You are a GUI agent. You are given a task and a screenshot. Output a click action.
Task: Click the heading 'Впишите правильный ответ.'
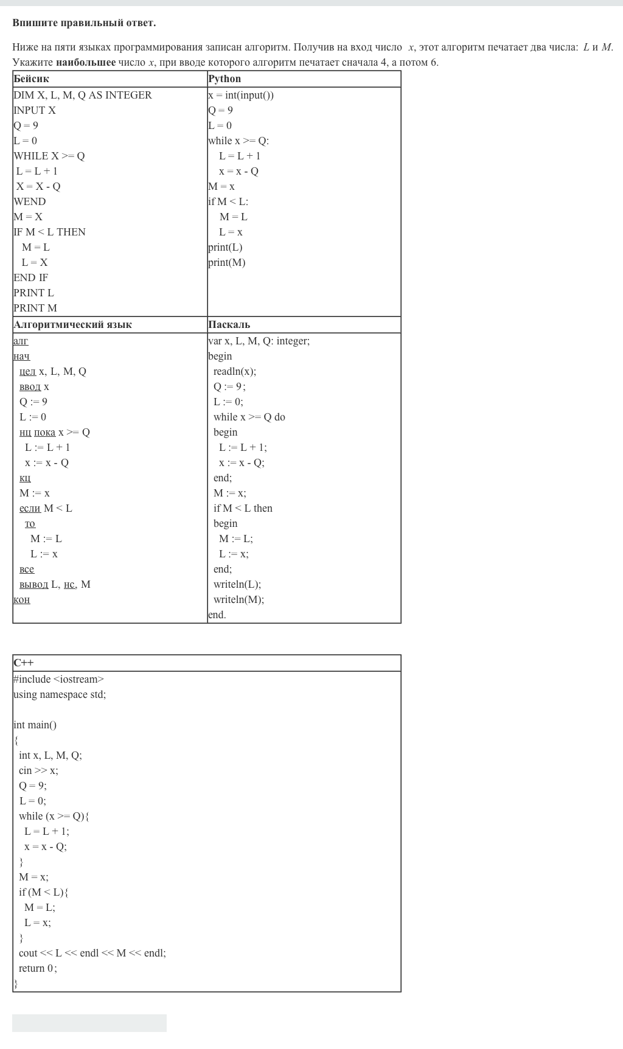click(x=84, y=23)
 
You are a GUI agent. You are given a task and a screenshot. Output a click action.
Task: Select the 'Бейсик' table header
click(x=32, y=79)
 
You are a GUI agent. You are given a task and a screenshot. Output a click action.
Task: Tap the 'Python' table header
click(x=224, y=79)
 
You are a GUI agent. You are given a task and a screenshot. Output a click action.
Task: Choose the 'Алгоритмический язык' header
click(x=72, y=325)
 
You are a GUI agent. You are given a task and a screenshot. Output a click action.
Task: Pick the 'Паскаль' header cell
click(x=229, y=325)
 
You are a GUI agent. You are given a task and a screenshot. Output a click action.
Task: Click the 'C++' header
click(x=24, y=663)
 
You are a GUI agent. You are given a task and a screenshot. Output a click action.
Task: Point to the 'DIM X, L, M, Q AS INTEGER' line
click(x=83, y=95)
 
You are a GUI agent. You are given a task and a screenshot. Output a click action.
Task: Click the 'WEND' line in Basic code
click(x=30, y=201)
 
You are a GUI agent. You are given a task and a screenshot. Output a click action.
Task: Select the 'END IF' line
click(x=31, y=277)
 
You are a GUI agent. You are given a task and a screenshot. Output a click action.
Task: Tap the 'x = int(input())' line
click(x=241, y=95)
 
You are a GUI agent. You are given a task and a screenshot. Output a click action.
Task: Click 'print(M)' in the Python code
click(x=227, y=262)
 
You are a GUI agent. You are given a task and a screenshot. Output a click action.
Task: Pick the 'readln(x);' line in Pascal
click(x=235, y=371)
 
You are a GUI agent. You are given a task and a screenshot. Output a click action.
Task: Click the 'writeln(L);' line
click(x=237, y=584)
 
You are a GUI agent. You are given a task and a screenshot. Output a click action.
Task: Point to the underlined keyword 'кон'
click(x=22, y=600)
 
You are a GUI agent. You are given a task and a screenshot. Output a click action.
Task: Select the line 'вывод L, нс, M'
click(x=55, y=585)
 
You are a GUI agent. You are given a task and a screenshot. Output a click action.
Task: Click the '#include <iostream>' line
click(x=59, y=679)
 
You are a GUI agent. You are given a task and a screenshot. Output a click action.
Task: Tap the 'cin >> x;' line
click(x=38, y=770)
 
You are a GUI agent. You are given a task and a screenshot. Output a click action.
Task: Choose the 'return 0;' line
click(x=38, y=968)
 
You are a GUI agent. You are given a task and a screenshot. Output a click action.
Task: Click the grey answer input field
click(x=89, y=1023)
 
